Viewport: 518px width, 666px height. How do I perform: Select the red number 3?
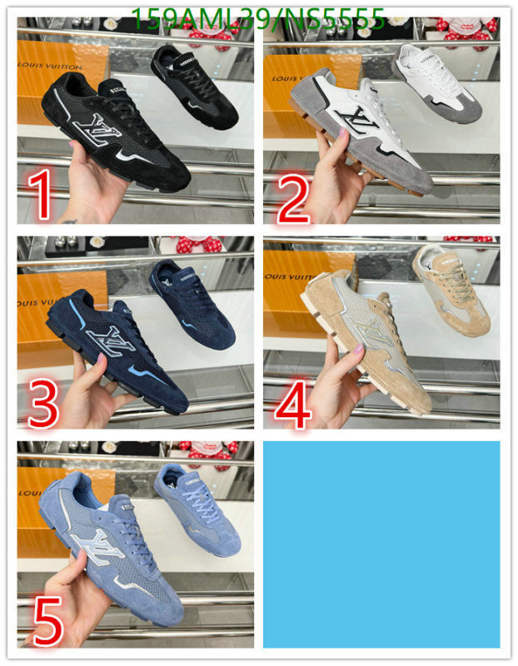[x=43, y=401]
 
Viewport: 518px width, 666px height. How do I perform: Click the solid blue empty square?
[x=381, y=544]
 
